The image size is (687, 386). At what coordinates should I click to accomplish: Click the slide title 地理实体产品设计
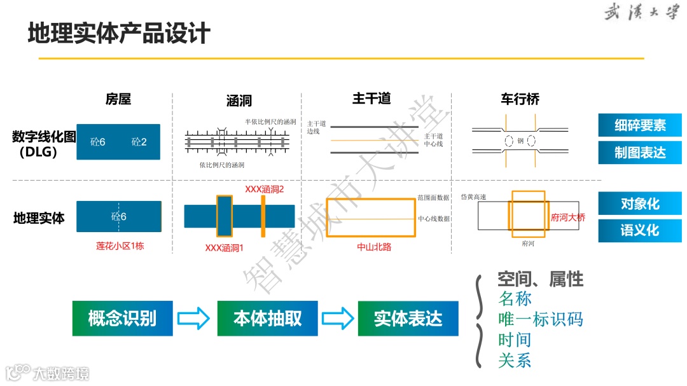[x=119, y=33]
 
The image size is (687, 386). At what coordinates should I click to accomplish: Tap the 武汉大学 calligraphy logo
[x=641, y=13]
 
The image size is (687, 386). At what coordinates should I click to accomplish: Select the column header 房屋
[x=118, y=99]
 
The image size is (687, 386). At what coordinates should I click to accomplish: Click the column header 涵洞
[x=239, y=100]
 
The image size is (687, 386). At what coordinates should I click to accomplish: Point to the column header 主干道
[x=371, y=99]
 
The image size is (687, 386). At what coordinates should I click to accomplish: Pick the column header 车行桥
[x=520, y=99]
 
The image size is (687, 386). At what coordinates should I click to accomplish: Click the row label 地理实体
[x=39, y=218]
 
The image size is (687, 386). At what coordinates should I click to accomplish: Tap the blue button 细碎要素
[x=639, y=125]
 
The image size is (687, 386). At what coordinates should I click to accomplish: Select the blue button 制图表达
[x=639, y=153]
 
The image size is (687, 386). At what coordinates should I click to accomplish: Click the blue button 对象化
[x=639, y=204]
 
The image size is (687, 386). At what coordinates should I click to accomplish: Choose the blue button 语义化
[x=639, y=230]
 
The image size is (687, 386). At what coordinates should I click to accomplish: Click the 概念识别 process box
[x=122, y=318]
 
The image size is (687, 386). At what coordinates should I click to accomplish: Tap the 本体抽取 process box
[x=267, y=318]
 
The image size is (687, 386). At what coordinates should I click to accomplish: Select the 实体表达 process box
[x=408, y=318]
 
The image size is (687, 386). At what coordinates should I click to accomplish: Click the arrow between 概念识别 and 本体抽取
[x=193, y=318]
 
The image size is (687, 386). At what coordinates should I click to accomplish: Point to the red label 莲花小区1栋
[x=120, y=246]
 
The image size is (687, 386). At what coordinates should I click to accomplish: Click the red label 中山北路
[x=375, y=247]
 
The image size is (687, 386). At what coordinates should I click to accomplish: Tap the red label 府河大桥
[x=568, y=217]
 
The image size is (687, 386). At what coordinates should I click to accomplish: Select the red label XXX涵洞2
[x=264, y=190]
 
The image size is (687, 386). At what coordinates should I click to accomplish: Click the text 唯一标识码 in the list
[x=541, y=319]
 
